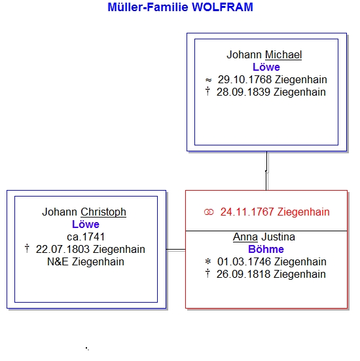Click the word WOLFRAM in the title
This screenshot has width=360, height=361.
click(223, 7)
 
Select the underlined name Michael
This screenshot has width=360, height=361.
click(283, 55)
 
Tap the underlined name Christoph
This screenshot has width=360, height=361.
click(103, 212)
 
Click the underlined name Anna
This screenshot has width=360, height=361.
click(245, 237)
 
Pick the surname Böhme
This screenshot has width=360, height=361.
click(266, 250)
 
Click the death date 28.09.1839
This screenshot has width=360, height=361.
click(243, 92)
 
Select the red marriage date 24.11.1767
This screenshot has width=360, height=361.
click(247, 212)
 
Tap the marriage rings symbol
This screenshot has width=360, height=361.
click(209, 212)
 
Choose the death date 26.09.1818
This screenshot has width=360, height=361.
click(243, 275)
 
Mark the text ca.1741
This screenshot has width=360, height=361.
click(86, 237)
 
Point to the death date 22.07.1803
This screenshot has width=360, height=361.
click(63, 250)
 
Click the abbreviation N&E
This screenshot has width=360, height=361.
click(58, 262)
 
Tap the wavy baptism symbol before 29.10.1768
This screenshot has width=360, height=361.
click(208, 80)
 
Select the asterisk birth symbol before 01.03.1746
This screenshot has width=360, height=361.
click(207, 261)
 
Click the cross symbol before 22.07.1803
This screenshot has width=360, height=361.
click(27, 249)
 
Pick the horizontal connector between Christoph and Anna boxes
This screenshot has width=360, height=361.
click(175, 250)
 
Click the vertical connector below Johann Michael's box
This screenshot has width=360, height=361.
click(266, 171)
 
